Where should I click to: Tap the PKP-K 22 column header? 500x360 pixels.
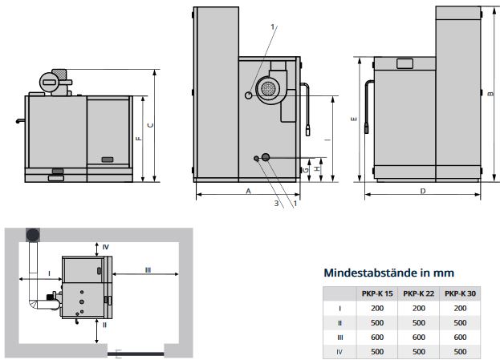417,293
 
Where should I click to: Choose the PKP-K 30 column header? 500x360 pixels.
459,293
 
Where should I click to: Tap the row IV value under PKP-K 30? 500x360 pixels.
459,352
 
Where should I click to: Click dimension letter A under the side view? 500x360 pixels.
248,192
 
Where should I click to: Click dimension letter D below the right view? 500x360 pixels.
422,192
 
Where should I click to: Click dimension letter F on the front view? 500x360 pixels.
139,138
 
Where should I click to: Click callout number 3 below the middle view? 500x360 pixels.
277,204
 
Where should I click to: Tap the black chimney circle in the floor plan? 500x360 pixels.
34,234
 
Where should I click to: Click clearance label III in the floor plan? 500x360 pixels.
148,270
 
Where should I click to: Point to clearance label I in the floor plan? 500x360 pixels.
50,273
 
